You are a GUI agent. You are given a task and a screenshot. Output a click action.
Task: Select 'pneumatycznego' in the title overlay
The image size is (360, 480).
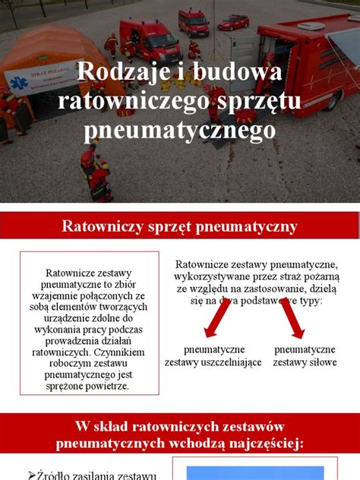point(180,130)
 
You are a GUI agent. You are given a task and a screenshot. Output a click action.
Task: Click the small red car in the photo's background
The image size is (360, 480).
point(233,23)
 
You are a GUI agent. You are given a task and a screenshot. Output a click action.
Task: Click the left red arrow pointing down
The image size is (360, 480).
point(217,320)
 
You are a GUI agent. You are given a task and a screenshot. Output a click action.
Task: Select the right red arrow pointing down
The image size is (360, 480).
point(293,320)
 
